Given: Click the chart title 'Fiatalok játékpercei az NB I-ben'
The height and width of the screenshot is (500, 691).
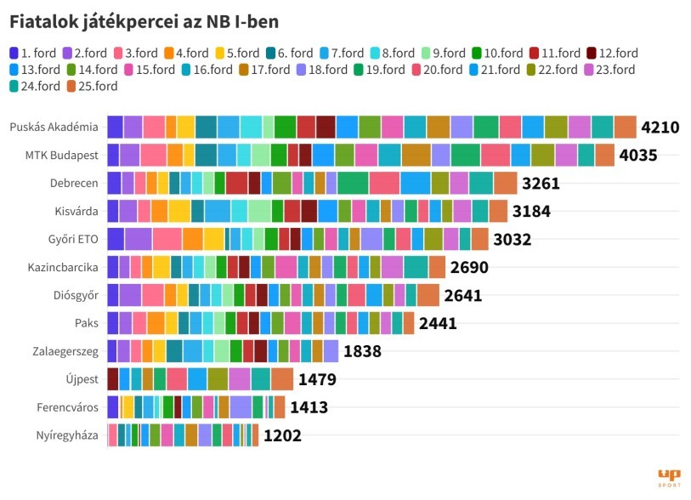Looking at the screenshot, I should pyautogui.click(x=144, y=20).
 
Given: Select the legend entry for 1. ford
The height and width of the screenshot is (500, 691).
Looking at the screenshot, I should pyautogui.click(x=35, y=53).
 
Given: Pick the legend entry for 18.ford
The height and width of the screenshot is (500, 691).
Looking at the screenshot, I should pyautogui.click(x=320, y=70).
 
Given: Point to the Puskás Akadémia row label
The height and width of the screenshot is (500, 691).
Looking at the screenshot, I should pyautogui.click(x=54, y=128).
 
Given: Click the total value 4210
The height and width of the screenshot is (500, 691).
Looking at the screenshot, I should pyautogui.click(x=660, y=128).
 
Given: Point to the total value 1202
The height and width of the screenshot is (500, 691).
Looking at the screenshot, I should pyautogui.click(x=282, y=436).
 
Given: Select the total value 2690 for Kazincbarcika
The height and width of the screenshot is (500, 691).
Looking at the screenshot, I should pyautogui.click(x=469, y=268).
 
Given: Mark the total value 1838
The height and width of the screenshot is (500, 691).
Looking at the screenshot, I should pyautogui.click(x=362, y=351).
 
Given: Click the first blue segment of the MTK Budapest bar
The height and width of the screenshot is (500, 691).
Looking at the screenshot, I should pyautogui.click(x=113, y=155).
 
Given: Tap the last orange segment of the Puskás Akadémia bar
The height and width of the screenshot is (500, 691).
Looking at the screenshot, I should pyautogui.click(x=625, y=127).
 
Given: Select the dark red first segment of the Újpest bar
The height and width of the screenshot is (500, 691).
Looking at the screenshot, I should pyautogui.click(x=112, y=379).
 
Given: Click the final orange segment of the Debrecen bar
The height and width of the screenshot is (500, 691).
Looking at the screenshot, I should pyautogui.click(x=505, y=183).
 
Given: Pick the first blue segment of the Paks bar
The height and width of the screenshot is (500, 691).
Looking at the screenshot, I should pyautogui.click(x=112, y=323).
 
